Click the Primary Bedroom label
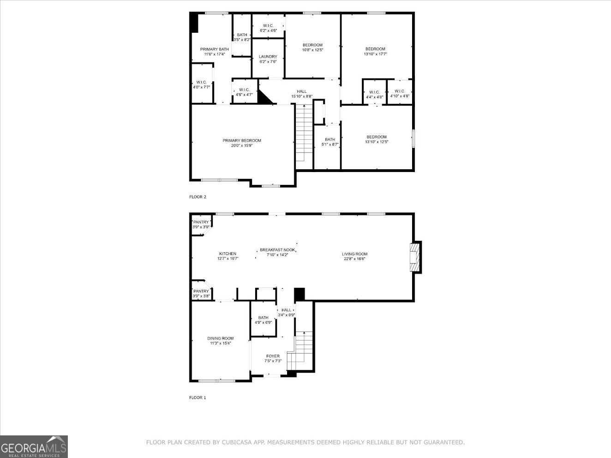click(242, 141)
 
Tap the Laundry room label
click(268, 57)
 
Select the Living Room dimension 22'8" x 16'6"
click(354, 259)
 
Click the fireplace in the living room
click(415, 257)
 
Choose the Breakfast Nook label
click(277, 250)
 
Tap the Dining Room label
click(220, 339)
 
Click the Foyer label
click(273, 356)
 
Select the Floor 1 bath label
click(263, 318)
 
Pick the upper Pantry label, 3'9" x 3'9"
click(201, 222)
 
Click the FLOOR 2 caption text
click(198, 197)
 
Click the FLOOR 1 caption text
click(198, 398)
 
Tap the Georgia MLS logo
click(34, 446)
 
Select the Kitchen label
click(228, 254)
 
